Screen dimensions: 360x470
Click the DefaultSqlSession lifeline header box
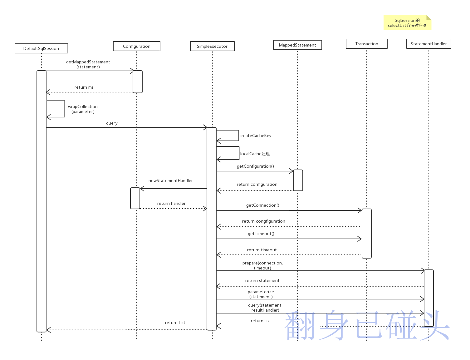coord(41,48)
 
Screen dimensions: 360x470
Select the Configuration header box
coord(136,46)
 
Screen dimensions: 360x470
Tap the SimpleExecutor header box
coord(212,46)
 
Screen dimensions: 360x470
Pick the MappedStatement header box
coord(297,45)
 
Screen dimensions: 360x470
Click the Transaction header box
coord(366,44)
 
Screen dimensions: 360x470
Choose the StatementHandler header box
coord(428,44)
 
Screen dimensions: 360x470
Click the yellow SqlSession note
coord(407,23)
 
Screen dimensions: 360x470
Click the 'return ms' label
coord(84,87)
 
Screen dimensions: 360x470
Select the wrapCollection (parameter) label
coord(83,109)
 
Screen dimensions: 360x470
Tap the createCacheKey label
coord(255,136)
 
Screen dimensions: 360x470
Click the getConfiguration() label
coord(255,166)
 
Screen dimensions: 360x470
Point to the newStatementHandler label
coord(170,181)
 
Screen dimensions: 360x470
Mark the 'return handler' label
coord(171,204)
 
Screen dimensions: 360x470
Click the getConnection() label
coord(262,205)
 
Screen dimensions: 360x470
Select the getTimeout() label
coord(261,234)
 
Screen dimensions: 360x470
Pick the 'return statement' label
coord(262,281)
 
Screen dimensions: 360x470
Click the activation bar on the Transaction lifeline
coord(366,233)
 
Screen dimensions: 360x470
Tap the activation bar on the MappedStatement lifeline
coord(298,180)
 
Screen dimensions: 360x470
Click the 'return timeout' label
coord(262,250)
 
